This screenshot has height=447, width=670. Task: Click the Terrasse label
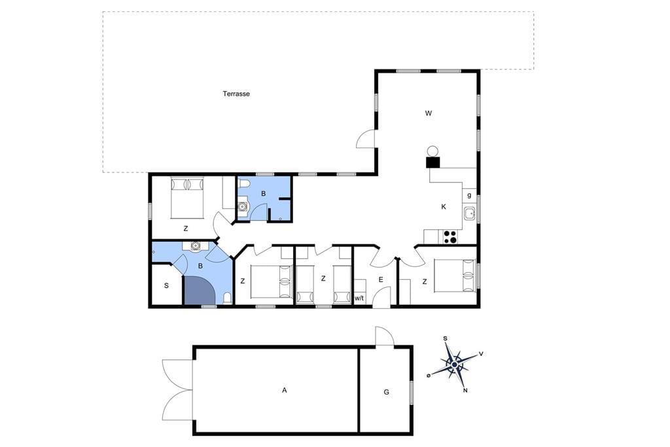coord(236,94)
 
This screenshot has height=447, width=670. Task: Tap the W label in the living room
coord(429,113)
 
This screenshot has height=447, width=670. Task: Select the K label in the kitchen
coord(444,207)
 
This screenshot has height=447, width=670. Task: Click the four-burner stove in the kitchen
coord(450,237)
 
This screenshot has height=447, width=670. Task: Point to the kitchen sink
coord(470,213)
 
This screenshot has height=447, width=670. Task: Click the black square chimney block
coord(433,163)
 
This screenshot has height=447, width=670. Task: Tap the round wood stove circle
coord(433,151)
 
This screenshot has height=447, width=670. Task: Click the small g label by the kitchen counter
coord(469,195)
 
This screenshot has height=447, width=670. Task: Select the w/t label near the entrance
coord(359,298)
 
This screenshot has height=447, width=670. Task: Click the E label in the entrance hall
coord(381,280)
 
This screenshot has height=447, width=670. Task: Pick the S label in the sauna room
coord(166,286)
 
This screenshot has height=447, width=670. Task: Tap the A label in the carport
coord(285,390)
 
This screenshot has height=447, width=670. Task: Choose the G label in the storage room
coord(386,392)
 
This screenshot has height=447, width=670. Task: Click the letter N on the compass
coord(465,390)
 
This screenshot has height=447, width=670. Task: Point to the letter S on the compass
coord(445,339)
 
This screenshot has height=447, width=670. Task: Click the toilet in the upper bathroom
coord(244,184)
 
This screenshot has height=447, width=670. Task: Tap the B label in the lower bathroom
coord(200,266)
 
